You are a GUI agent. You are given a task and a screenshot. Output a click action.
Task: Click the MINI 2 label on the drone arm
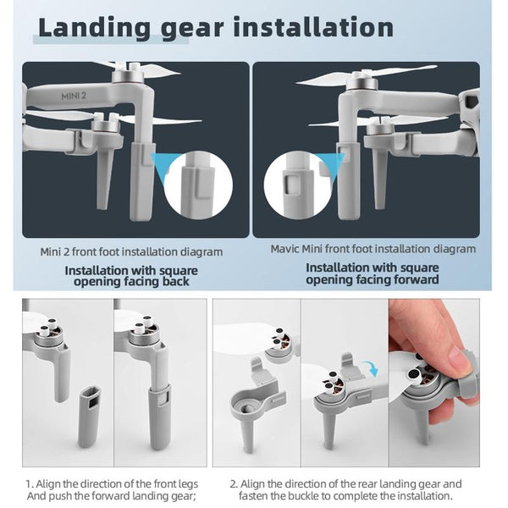[x=75, y=97]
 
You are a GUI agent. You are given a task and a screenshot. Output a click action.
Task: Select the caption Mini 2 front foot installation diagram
[x=131, y=251]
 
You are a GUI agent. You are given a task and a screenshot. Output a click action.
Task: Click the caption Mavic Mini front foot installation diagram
[x=373, y=250]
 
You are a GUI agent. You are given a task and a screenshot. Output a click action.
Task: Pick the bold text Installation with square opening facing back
[x=127, y=276]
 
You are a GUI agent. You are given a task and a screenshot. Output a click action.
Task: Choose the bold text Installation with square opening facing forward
[x=373, y=273]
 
